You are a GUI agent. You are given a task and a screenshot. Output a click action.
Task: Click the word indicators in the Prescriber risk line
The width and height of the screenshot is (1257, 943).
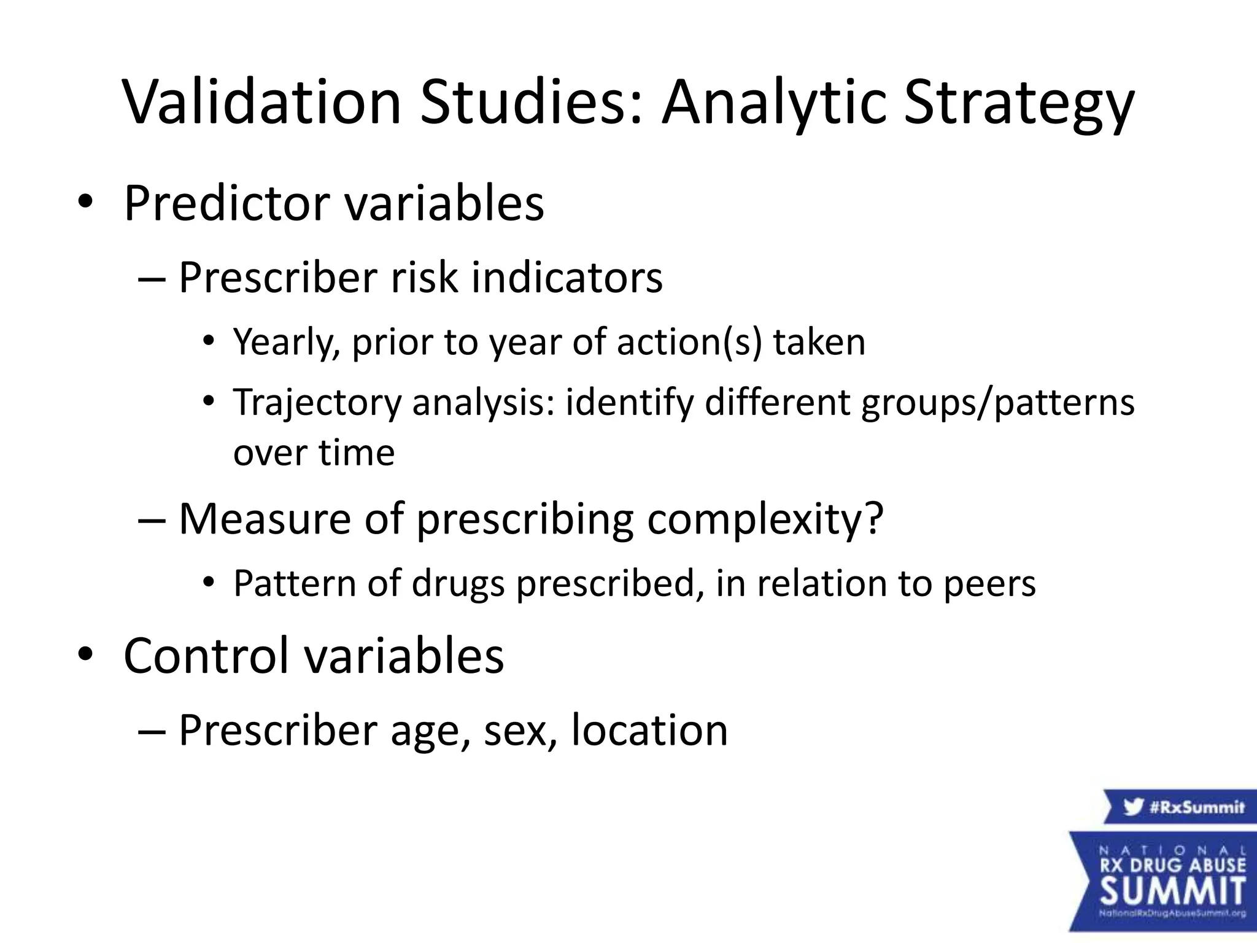pos(567,277)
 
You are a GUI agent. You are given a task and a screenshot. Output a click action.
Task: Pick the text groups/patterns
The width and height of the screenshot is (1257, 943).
pos(997,403)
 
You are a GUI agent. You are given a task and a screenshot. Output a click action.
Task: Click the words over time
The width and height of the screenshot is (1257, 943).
pos(314,453)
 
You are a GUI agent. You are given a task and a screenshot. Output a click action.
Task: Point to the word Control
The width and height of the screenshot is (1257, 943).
pos(206,656)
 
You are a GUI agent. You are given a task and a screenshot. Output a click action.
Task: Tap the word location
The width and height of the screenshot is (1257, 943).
pos(649,731)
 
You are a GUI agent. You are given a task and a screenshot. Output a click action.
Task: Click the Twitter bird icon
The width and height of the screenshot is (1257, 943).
pos(1133,807)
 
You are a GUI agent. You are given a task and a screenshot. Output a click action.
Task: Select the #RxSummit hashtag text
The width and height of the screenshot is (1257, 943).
pos(1197,807)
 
